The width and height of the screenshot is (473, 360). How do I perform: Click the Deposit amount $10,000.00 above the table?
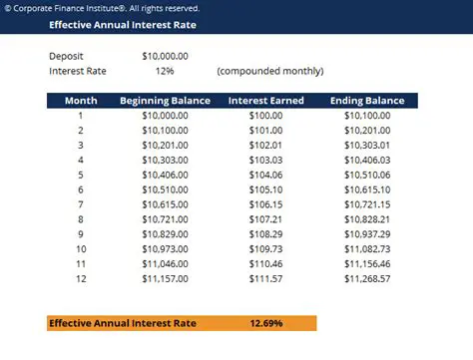pos(165,56)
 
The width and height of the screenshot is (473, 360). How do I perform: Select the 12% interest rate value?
pos(165,71)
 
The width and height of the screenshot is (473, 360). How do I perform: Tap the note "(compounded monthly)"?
pos(269,71)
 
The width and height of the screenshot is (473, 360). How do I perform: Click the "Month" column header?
pos(81,101)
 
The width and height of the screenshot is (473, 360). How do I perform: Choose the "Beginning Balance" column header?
pos(165,101)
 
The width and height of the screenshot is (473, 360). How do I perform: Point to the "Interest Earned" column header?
pos(265,101)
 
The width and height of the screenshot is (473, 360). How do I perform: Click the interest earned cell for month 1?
pos(265,116)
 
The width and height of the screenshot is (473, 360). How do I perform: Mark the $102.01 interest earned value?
pos(265,145)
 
